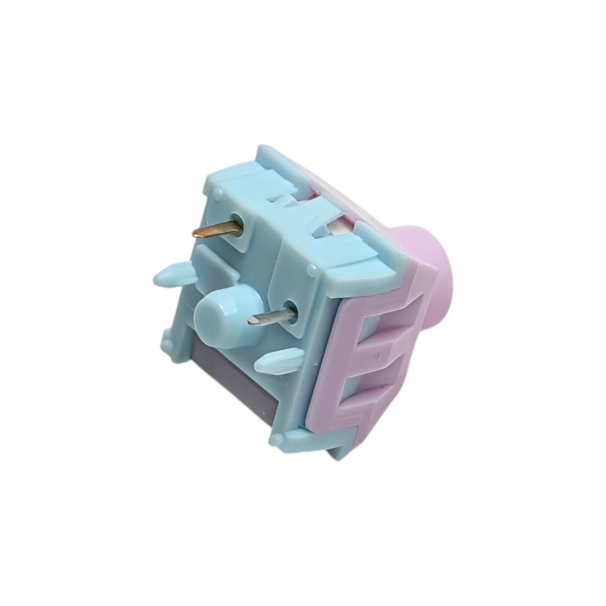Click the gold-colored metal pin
pyautogui.click(x=215, y=229)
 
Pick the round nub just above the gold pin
pyautogui.click(x=216, y=195)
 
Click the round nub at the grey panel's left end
pyautogui.click(x=167, y=344)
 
